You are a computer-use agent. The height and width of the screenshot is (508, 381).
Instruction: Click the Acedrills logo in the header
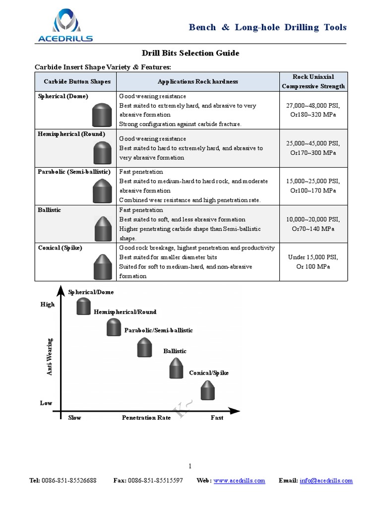64,25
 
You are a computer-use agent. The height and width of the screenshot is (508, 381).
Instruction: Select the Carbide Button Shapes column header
77,81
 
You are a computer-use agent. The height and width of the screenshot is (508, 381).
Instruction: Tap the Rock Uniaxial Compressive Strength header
313,81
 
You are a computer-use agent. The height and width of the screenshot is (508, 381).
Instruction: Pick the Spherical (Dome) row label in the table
63,96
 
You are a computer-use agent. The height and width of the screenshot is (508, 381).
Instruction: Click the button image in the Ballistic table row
102,229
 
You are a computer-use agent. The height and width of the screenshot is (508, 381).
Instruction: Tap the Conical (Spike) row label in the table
61,248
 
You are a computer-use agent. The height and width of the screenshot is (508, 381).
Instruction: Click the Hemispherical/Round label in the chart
125,312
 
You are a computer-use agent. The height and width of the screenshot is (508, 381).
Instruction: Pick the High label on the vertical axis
47,305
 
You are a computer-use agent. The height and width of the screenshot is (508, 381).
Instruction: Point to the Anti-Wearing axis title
50,356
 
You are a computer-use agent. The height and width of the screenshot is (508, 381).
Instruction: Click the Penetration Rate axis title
146,418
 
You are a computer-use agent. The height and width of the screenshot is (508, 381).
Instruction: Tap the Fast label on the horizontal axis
217,418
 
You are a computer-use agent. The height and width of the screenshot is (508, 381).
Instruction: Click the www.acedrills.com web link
239,481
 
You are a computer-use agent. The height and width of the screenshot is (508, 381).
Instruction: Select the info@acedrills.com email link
326,481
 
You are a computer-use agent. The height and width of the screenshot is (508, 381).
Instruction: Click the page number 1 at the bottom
190,466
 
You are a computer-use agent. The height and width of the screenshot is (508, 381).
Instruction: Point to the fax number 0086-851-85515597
155,481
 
